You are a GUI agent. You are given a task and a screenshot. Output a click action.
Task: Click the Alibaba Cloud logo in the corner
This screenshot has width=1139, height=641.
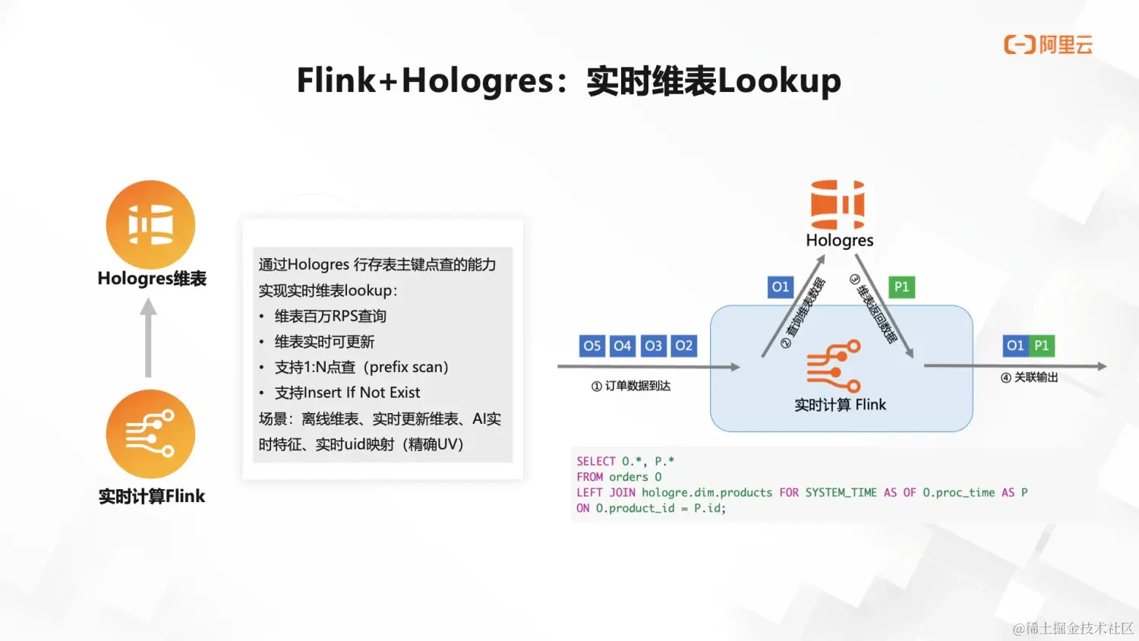1048,45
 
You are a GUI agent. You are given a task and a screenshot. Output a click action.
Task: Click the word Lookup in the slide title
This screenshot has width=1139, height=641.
779,81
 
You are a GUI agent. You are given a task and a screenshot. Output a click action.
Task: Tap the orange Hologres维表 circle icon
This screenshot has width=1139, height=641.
150,225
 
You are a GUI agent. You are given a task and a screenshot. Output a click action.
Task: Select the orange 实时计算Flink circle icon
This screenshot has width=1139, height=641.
150,434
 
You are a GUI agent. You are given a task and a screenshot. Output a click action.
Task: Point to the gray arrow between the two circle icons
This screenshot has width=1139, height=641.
149,337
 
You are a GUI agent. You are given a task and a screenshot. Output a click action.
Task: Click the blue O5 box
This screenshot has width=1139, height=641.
592,346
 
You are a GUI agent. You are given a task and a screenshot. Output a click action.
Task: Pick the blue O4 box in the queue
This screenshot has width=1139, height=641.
623,346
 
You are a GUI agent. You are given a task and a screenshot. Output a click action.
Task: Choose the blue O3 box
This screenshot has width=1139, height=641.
653,346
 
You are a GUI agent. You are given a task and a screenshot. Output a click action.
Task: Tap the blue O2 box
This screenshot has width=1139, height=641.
683,346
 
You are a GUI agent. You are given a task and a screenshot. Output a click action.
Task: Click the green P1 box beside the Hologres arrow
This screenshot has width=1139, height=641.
901,287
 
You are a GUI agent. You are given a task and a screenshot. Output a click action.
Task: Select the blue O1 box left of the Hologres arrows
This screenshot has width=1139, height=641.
781,287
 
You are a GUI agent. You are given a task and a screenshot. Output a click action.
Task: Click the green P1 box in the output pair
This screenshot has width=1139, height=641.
1041,346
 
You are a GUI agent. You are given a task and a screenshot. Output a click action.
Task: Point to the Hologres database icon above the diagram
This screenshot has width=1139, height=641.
838,204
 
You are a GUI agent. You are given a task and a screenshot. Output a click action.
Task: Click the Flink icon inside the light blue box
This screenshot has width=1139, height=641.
833,366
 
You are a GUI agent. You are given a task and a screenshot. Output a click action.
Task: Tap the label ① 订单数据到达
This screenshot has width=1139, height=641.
631,387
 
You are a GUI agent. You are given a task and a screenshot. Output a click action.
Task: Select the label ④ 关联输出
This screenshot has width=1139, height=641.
1029,377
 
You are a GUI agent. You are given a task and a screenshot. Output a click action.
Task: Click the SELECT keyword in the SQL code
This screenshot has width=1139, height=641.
595,461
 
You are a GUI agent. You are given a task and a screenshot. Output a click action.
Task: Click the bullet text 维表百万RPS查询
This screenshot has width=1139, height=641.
330,316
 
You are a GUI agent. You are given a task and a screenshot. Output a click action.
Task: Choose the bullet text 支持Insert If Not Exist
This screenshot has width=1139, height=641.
347,393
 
